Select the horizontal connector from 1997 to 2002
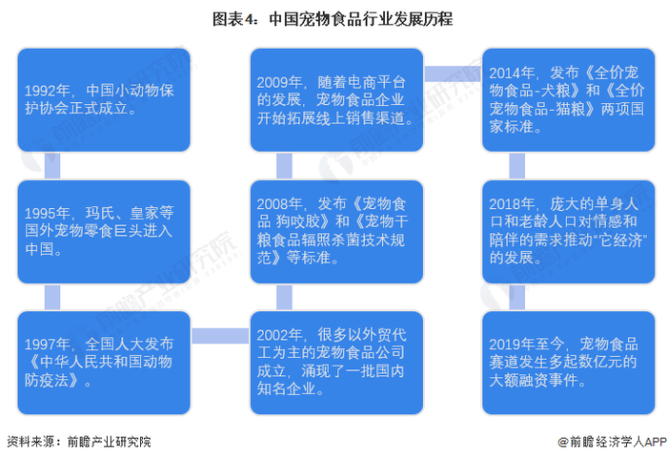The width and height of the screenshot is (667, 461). (x=220, y=335)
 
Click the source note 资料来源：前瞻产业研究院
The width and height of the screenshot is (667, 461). (x=78, y=442)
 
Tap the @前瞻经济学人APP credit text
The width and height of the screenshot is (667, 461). (x=610, y=442)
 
